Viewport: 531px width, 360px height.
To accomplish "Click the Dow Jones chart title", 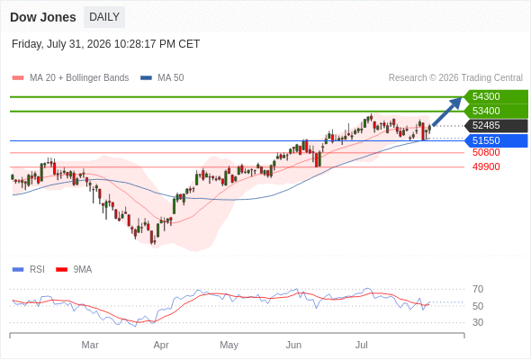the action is (x=43, y=17).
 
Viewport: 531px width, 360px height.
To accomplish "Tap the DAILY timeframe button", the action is (x=104, y=17).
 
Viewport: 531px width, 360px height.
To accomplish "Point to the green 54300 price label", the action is (x=496, y=96).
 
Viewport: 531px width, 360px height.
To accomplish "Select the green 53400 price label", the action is (x=496, y=111).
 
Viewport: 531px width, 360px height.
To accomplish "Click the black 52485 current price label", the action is (x=496, y=126).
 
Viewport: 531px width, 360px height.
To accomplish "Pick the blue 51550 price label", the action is (x=496, y=140).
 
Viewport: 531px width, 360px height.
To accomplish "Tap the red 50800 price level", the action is (x=486, y=152).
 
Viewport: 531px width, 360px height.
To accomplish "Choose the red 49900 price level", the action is (x=486, y=166).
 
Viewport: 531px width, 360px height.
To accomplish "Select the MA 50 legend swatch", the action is (x=146, y=78).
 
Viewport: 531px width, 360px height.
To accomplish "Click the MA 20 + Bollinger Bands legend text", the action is (x=79, y=78).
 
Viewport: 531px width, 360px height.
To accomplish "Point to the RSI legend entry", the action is (x=29, y=270).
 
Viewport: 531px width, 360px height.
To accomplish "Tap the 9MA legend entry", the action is (x=74, y=270).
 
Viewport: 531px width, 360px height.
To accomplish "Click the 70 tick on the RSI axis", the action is (x=478, y=289).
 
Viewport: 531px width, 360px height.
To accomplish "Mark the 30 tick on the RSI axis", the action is (x=478, y=322).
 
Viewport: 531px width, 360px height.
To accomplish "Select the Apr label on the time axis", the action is (x=161, y=345).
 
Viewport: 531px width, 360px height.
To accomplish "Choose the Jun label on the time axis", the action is (x=293, y=345).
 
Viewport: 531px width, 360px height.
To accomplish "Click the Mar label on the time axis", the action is (x=90, y=345).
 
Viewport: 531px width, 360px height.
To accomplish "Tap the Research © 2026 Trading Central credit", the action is (x=455, y=78).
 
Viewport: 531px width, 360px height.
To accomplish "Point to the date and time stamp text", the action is (x=105, y=44).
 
